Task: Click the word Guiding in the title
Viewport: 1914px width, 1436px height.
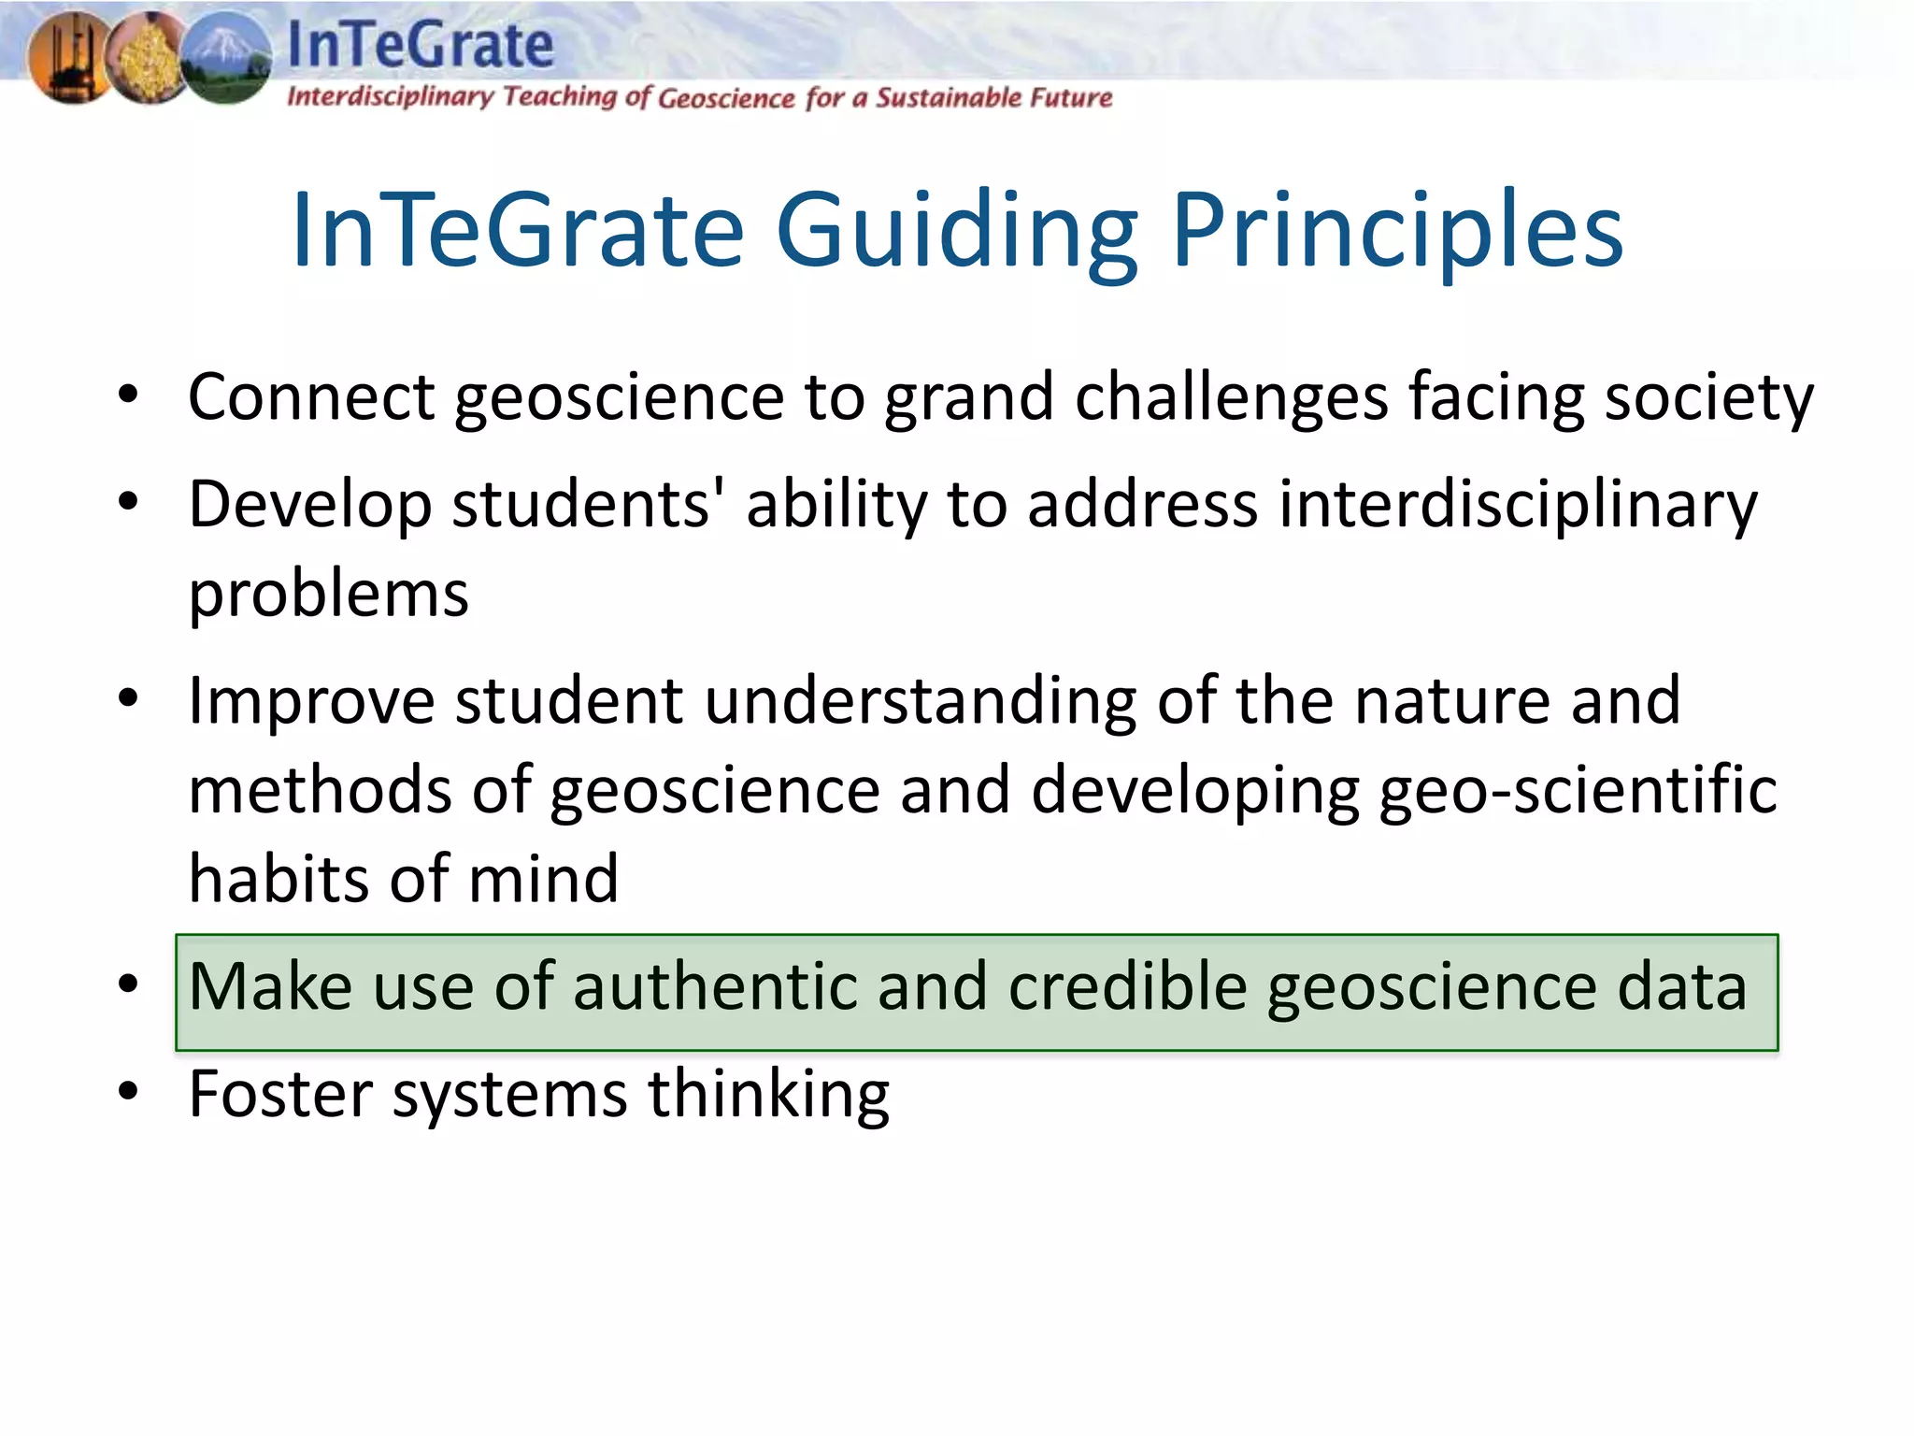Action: coord(957,231)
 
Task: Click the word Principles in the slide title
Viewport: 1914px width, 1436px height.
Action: coord(1396,231)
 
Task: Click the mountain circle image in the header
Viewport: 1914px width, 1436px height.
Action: coord(226,58)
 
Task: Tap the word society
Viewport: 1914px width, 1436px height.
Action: coord(1708,396)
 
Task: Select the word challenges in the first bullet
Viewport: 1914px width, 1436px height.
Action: coord(1232,396)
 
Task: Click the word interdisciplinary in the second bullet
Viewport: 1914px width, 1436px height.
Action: coord(1518,505)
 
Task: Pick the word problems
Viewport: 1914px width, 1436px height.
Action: coord(328,595)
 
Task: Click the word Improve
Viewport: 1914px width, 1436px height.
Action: coord(311,701)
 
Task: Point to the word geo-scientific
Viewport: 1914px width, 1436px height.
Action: coord(1578,790)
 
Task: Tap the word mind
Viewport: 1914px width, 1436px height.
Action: coord(543,879)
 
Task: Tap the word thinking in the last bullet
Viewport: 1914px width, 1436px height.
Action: coord(768,1094)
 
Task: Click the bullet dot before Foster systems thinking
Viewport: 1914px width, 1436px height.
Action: coord(129,1090)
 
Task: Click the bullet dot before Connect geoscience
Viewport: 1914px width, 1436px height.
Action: coord(129,395)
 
